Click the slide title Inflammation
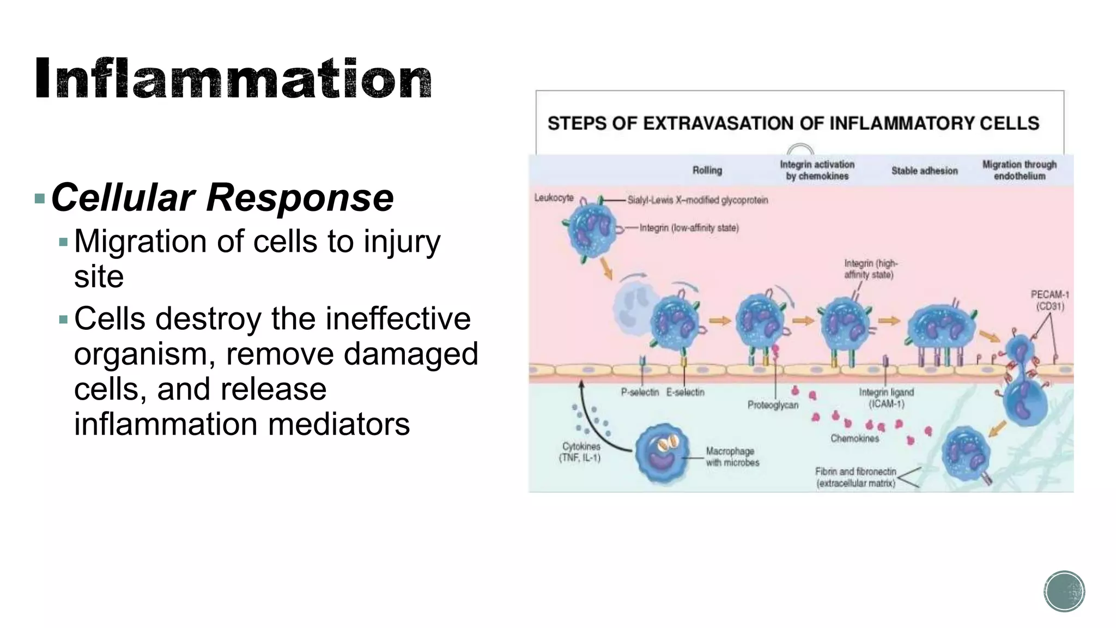[x=233, y=80]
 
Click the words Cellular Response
[x=222, y=197]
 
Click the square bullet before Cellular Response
[x=39, y=198]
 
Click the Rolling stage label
[x=707, y=171]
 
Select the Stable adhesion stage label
[x=924, y=171]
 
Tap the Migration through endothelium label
[x=1019, y=170]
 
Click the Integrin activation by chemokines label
[x=817, y=170]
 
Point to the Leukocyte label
[x=554, y=197]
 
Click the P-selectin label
[x=640, y=392]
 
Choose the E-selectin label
[x=685, y=392]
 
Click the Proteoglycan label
[x=773, y=405]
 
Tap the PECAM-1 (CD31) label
[x=1050, y=300]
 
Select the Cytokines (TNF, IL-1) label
[x=580, y=452]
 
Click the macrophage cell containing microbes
[x=662, y=454]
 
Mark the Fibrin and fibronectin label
[x=856, y=477]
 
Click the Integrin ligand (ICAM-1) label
[x=886, y=398]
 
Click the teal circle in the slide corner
[x=1064, y=591]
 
